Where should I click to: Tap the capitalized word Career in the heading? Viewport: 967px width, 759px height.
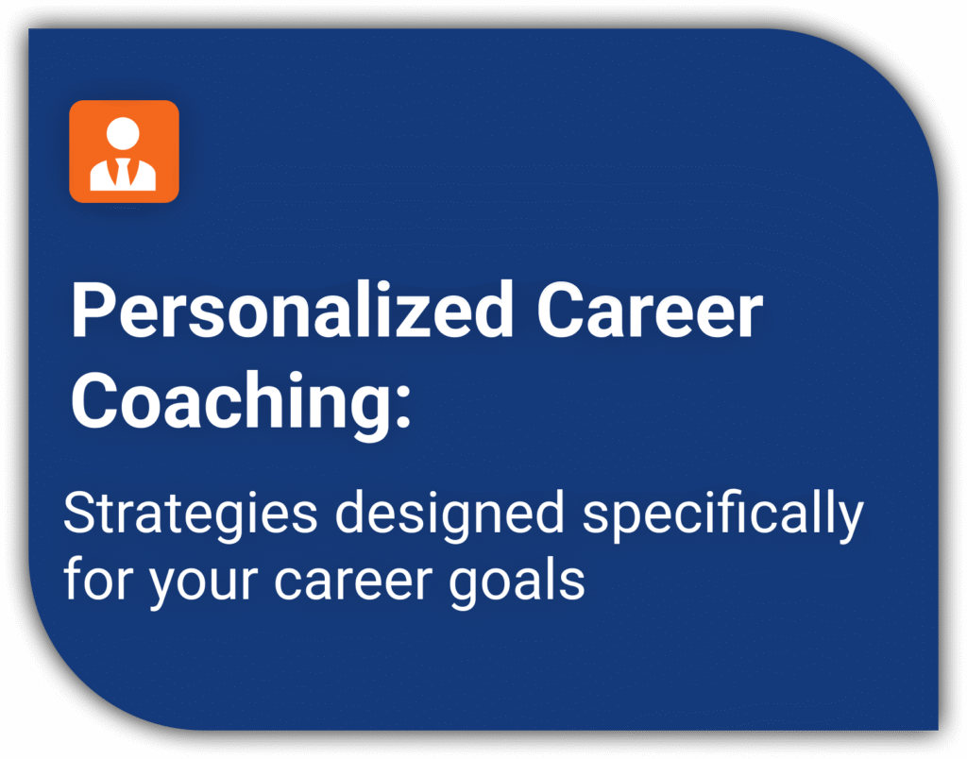tap(650, 310)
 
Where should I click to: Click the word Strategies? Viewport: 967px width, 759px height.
tap(191, 514)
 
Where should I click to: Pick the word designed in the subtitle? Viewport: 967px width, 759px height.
tap(450, 514)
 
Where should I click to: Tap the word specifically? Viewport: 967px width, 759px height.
tap(722, 514)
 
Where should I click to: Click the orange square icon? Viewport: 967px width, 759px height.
tap(124, 151)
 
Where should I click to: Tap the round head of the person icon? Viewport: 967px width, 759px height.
tap(124, 133)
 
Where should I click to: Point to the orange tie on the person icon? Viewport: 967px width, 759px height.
tap(124, 172)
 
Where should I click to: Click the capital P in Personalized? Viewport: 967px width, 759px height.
tap(92, 311)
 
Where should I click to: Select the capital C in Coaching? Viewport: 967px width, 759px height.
tap(94, 401)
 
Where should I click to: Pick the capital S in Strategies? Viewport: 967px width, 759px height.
tap(80, 513)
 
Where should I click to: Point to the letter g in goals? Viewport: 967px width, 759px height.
tap(466, 588)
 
